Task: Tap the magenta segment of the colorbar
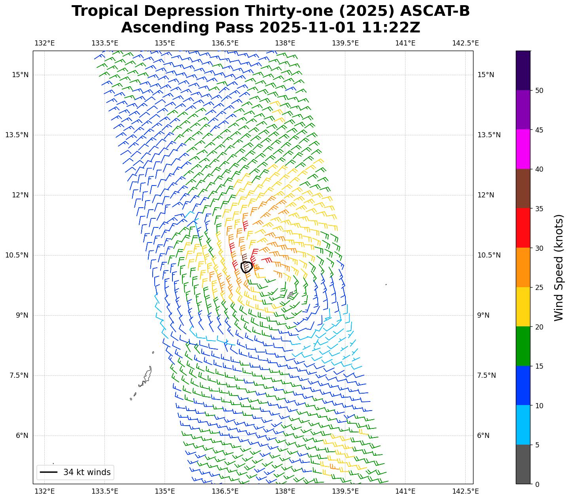coord(523,149)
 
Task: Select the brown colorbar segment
coord(523,188)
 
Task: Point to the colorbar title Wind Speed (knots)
coord(558,267)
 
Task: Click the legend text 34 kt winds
coord(87,472)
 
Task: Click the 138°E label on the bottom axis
coord(285,491)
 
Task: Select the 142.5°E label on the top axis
coord(465,43)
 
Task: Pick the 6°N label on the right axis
coord(483,436)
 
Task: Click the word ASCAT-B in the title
coord(432,11)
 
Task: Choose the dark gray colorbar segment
coord(523,464)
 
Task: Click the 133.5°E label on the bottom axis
coord(105,491)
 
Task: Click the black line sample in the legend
coord(49,472)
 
